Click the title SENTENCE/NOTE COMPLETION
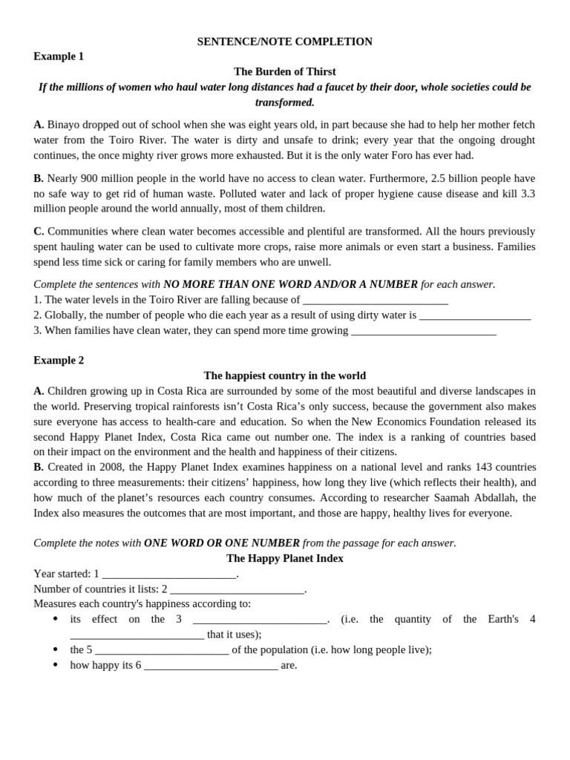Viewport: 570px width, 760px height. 284,42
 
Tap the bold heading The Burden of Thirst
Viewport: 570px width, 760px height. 284,72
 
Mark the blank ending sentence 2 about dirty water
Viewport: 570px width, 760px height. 475,315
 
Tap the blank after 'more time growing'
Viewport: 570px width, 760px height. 423,331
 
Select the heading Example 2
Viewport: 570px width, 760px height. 59,361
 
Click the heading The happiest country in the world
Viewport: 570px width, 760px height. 284,376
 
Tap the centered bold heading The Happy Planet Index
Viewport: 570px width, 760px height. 284,558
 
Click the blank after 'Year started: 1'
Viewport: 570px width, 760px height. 168,574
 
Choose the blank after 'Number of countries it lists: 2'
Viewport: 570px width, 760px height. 237,589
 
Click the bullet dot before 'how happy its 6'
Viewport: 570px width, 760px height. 56,665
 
